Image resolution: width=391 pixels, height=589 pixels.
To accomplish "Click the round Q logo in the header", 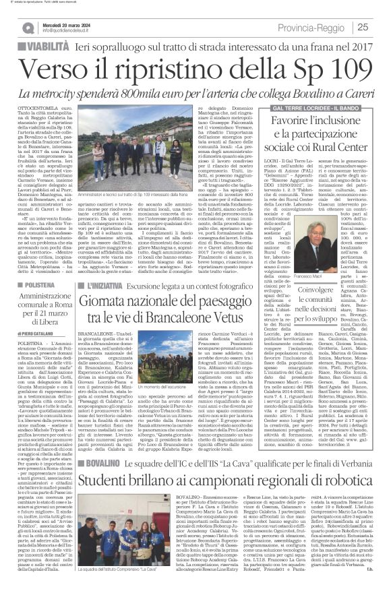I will (x=27, y=26).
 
